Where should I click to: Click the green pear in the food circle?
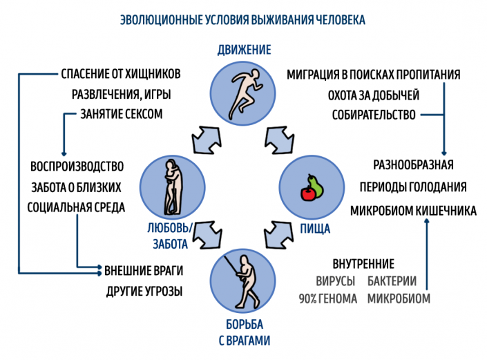pyautogui.click(x=315, y=184)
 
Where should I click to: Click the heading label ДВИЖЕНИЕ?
pyautogui.click(x=243, y=50)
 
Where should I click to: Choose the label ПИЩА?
pyautogui.click(x=314, y=228)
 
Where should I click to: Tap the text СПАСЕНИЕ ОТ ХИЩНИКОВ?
pyautogui.click(x=122, y=74)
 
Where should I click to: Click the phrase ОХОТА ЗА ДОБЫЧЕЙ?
pyautogui.click(x=373, y=95)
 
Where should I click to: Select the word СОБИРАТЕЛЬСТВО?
pyautogui.click(x=373, y=115)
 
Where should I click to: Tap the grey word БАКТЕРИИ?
pyautogui.click(x=392, y=282)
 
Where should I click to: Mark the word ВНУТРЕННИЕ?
pyautogui.click(x=363, y=264)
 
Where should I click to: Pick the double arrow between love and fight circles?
pyautogui.click(x=205, y=236)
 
